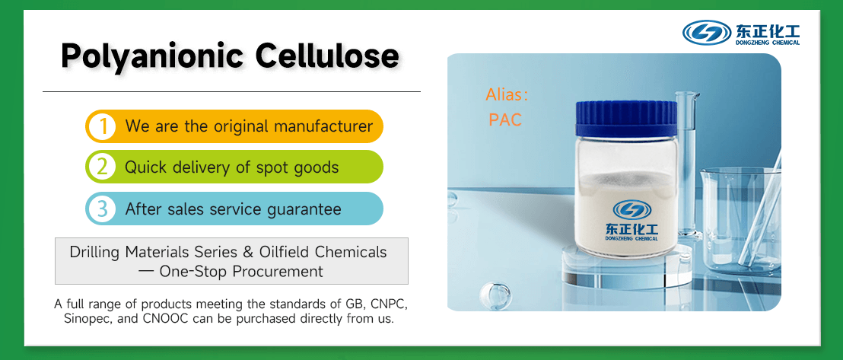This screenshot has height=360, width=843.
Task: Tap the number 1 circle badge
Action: [101, 126]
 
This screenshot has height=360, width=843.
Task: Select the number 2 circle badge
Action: [101, 167]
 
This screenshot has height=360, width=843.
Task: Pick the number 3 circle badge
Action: [101, 208]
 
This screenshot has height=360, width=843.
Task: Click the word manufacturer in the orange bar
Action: [313, 126]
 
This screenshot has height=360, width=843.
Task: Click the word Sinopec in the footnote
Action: [86, 319]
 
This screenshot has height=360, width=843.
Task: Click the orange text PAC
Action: [505, 119]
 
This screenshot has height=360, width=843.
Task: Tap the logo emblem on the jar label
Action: [631, 209]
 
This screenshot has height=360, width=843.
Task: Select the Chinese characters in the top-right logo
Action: [767, 30]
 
